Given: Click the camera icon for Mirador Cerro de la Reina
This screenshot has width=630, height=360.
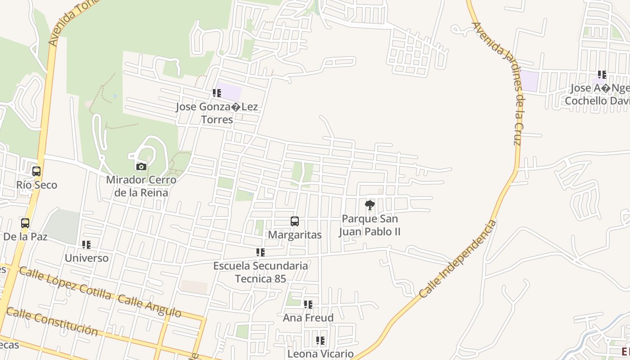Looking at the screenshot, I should click(x=141, y=166).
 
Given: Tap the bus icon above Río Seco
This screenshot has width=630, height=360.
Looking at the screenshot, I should click(x=36, y=171).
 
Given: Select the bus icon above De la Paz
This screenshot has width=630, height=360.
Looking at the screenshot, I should click(x=25, y=223).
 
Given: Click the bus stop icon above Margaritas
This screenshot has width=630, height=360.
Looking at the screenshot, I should click(x=295, y=221).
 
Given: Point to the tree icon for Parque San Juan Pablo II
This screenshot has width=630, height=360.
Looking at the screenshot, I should click(x=370, y=206).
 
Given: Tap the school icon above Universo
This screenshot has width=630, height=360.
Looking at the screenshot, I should click(x=86, y=245).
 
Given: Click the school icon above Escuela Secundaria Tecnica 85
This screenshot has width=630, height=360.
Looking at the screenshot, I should click(x=261, y=252).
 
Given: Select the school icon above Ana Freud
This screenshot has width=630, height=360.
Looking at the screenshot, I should click(x=308, y=305).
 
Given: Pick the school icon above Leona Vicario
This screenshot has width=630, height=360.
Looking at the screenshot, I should click(x=320, y=341).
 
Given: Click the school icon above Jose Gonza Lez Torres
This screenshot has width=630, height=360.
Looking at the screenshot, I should click(x=217, y=93).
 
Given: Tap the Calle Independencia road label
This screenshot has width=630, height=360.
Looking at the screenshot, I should click(x=458, y=259).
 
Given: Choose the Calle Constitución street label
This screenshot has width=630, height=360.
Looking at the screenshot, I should click(x=52, y=322).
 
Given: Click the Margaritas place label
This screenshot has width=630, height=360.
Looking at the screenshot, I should click(x=295, y=235).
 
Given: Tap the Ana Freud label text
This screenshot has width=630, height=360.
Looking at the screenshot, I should click(x=308, y=318).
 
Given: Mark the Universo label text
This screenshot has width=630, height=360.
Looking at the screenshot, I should click(x=87, y=258).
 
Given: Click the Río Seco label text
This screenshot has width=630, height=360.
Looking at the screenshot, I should click(x=37, y=185).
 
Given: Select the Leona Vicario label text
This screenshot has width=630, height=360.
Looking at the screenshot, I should click(x=320, y=354).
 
